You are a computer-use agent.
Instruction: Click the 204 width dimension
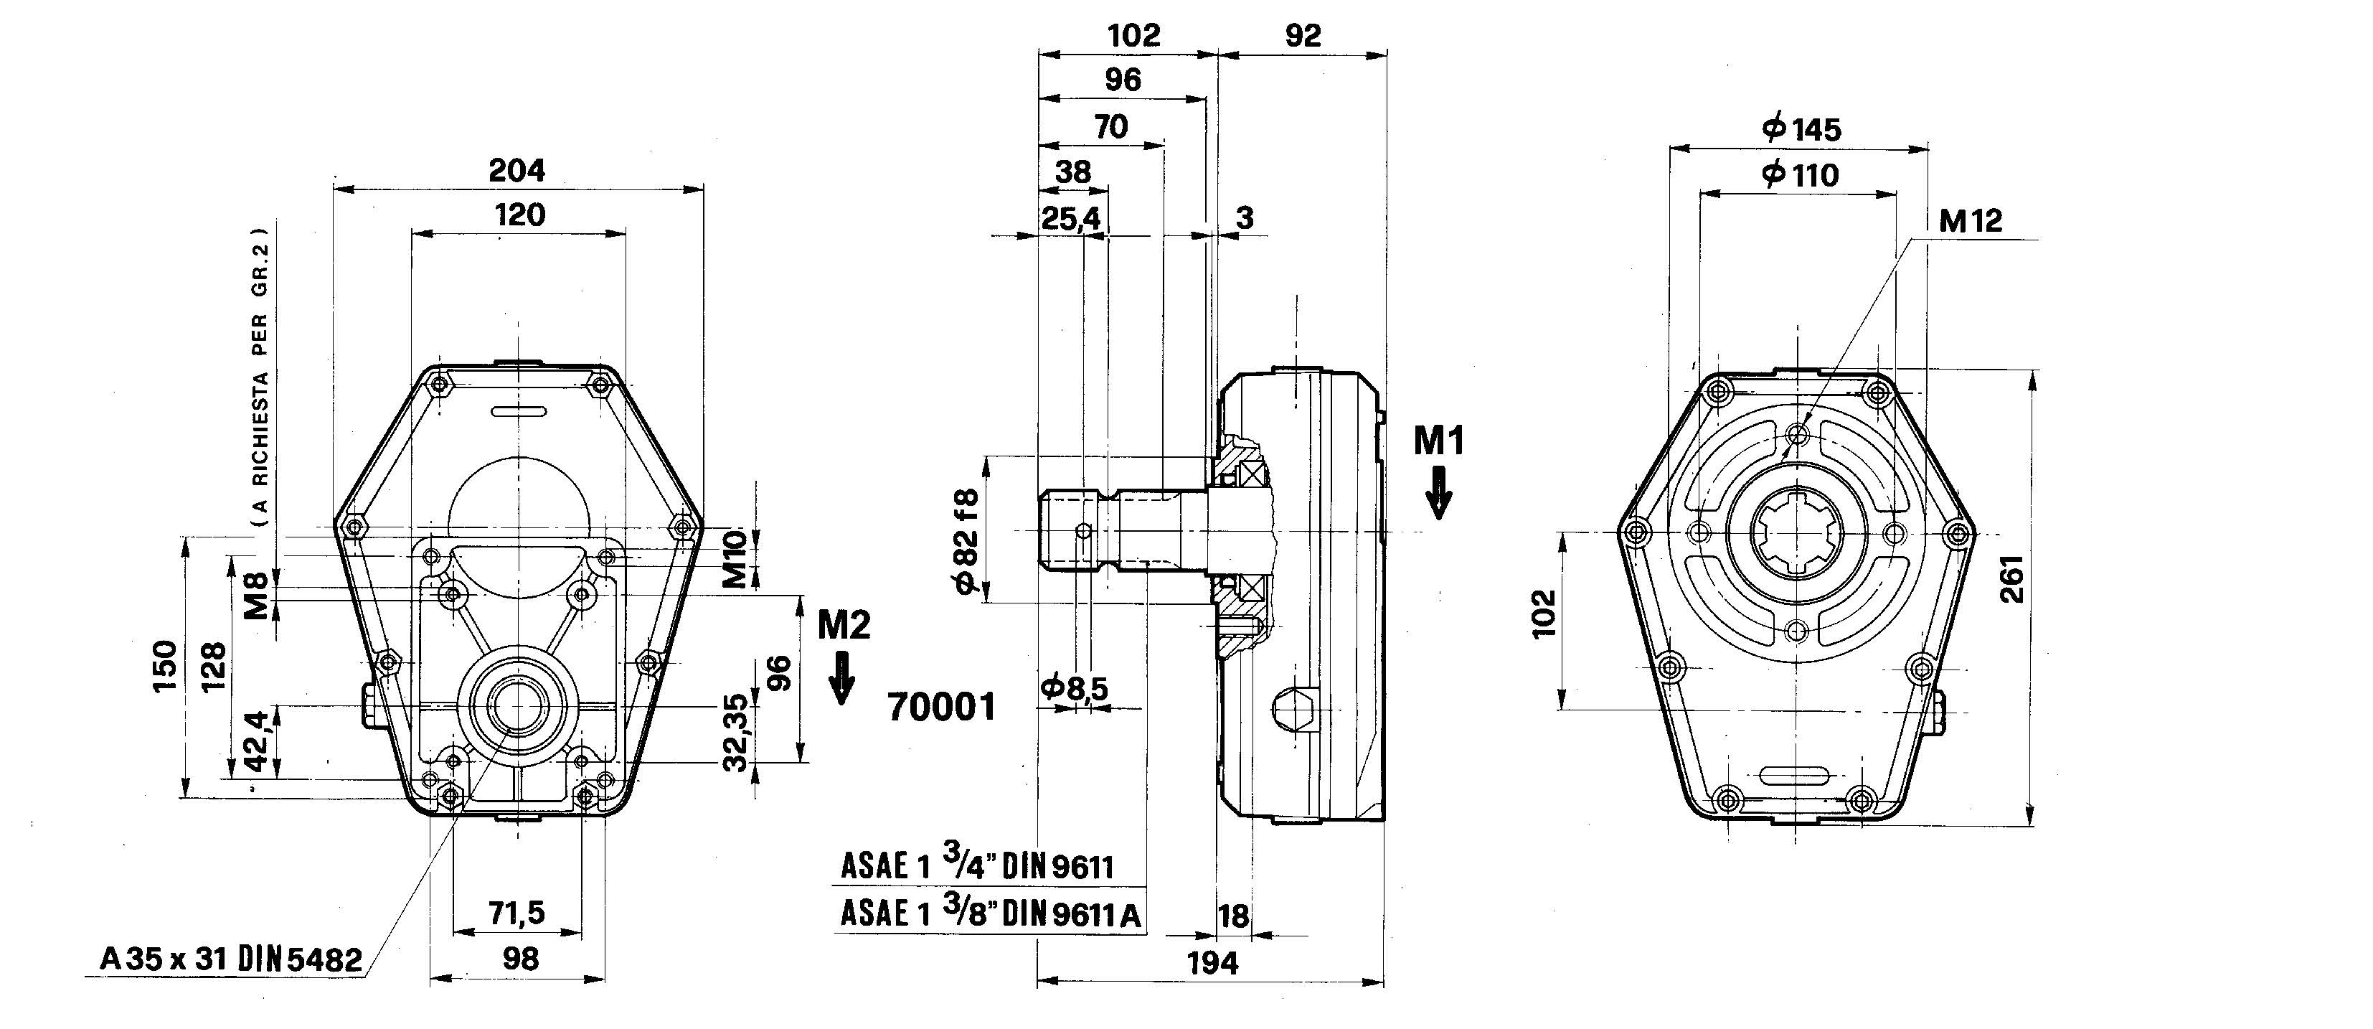pos(516,171)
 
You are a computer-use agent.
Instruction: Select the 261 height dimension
pos(2014,578)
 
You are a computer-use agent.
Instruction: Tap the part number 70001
pos(941,707)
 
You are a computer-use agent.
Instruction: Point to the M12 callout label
pos(1971,221)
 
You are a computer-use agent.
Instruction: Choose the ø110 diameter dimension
pos(1800,174)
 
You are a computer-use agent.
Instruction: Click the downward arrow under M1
pos(1438,493)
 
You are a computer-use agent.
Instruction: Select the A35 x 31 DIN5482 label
pos(230,960)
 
